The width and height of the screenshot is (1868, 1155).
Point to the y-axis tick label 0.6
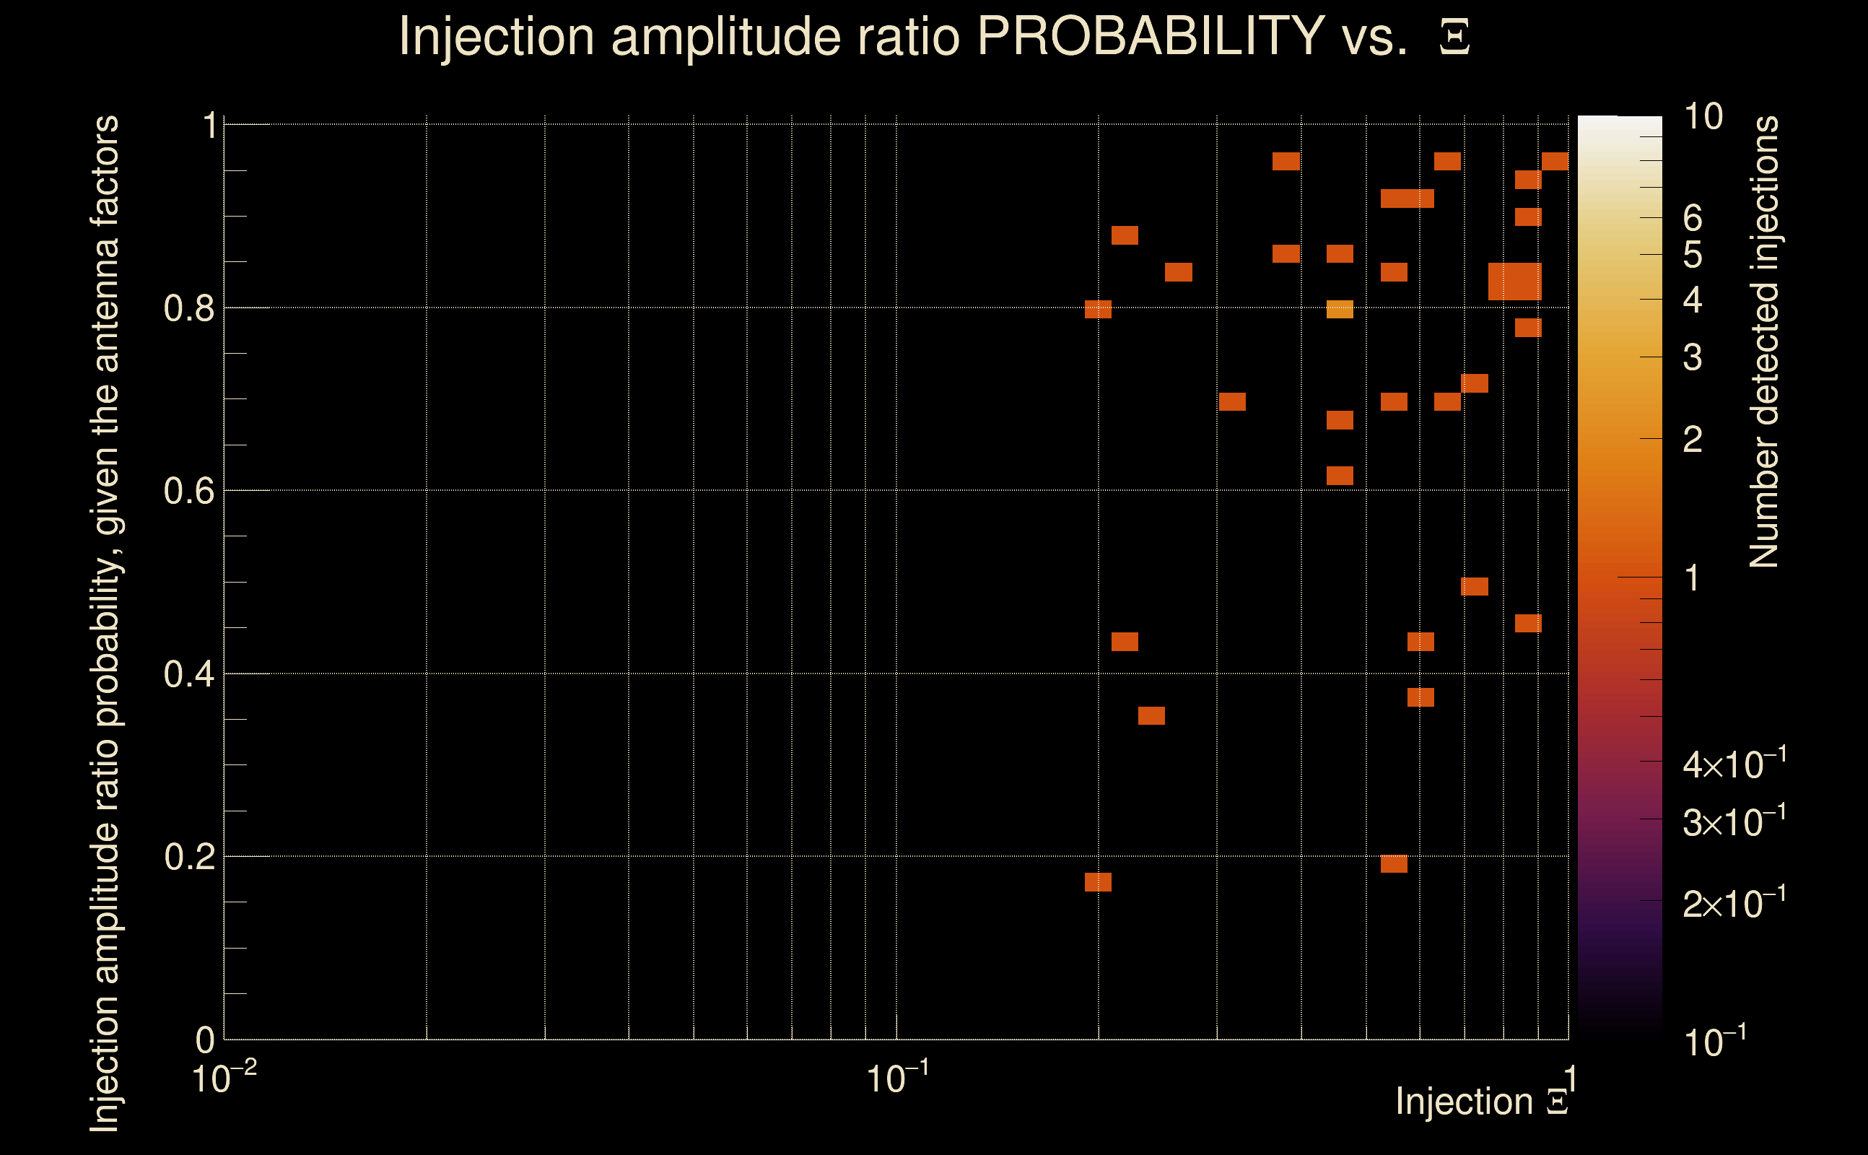tap(188, 490)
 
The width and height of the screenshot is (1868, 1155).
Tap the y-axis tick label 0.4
tap(188, 674)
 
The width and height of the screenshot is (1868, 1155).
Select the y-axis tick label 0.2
tap(188, 856)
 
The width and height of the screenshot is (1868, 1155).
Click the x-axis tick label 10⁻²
tap(224, 1079)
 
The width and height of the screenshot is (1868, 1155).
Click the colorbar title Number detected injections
tap(1763, 341)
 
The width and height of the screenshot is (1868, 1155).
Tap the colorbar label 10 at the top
tap(1703, 117)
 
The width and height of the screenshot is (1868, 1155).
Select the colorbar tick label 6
tap(1693, 219)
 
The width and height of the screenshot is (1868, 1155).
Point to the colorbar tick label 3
tap(1693, 357)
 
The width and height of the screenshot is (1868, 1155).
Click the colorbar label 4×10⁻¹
tap(1734, 764)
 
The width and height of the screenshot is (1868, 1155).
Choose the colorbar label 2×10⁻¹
tap(1734, 904)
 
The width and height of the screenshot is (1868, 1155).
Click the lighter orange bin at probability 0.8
tap(1340, 310)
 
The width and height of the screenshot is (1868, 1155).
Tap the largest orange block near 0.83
tap(1515, 281)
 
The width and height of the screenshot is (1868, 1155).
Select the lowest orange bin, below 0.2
tap(1098, 882)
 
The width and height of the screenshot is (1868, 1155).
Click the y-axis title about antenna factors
tap(105, 622)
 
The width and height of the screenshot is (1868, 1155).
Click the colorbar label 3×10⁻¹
tap(1734, 822)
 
